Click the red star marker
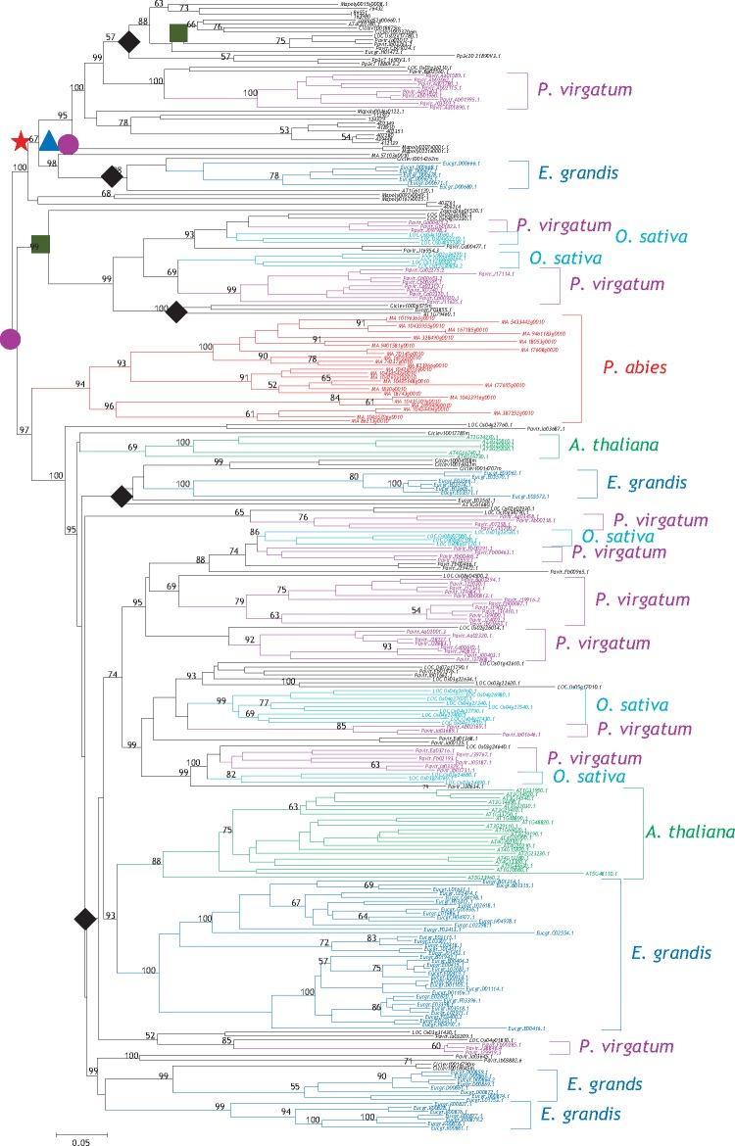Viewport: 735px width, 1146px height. pyautogui.click(x=19, y=143)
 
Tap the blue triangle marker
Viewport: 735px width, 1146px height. pyautogui.click(x=48, y=143)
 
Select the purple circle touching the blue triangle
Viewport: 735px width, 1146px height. pyautogui.click(x=68, y=145)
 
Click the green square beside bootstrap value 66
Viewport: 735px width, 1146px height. pyautogui.click(x=178, y=33)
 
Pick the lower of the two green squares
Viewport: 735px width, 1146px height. pyautogui.click(x=40, y=244)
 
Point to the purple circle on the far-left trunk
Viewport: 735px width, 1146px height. pyautogui.click(x=10, y=339)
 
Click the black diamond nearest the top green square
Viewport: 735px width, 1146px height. pyautogui.click(x=128, y=41)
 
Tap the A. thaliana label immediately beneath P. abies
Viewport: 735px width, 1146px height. pyautogui.click(x=609, y=446)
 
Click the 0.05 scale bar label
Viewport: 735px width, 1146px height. pyautogui.click(x=81, y=1140)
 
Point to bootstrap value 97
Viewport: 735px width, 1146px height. pyautogui.click(x=24, y=430)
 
